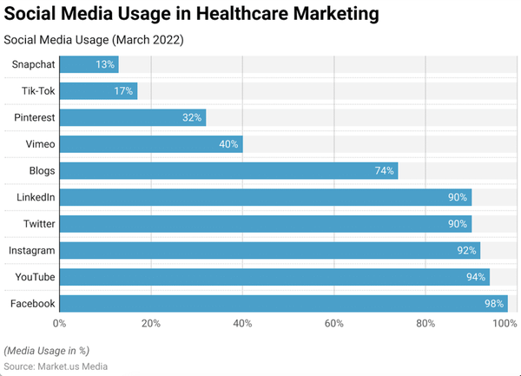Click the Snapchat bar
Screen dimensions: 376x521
(x=89, y=64)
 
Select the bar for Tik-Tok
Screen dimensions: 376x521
(x=98, y=91)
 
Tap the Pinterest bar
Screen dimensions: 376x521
(x=132, y=117)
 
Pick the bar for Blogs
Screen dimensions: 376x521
(x=228, y=170)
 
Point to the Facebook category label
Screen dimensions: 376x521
(x=33, y=303)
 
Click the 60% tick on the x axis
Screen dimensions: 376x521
(x=333, y=324)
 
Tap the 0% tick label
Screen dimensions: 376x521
(x=60, y=324)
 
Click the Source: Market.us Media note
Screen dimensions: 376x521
(x=56, y=366)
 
